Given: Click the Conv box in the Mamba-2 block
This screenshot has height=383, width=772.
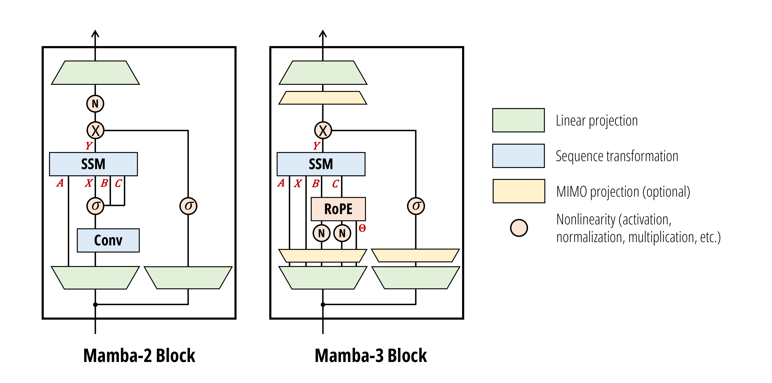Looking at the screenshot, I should click(108, 240).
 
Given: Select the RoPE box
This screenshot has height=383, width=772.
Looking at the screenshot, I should click(338, 209).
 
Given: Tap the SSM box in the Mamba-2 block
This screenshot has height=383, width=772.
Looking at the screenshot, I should click(93, 164).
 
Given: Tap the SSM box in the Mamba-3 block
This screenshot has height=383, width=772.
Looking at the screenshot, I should click(321, 164).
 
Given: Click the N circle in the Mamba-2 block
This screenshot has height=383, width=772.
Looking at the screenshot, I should click(95, 104).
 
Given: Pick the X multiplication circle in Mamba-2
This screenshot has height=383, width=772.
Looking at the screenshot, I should click(95, 130).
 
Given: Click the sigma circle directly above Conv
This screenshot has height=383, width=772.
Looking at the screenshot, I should click(95, 206).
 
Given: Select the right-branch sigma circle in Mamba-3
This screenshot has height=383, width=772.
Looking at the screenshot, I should click(416, 206).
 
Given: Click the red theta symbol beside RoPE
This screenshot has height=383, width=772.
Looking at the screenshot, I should click(362, 228).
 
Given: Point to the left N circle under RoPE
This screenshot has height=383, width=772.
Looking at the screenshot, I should click(321, 233).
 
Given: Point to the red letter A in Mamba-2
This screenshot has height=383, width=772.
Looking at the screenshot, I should click(60, 183).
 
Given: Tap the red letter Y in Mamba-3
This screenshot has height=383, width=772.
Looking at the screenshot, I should click(316, 146).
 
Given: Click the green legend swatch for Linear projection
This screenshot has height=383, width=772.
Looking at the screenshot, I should click(518, 120).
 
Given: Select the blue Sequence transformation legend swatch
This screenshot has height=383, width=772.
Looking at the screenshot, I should click(518, 156).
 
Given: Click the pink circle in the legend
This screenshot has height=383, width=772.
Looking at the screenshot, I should click(519, 228).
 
